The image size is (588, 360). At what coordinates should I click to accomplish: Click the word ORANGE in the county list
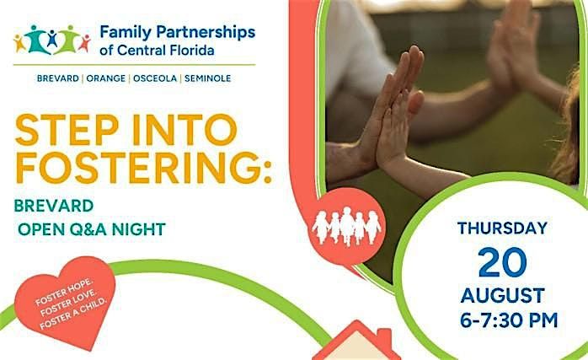[x=106, y=78]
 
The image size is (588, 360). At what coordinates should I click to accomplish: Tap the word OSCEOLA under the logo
[x=155, y=78]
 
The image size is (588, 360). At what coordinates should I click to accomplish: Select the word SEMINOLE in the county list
[x=208, y=78]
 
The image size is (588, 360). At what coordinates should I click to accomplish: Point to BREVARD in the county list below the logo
[x=58, y=78]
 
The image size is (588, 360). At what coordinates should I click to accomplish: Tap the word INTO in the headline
[x=184, y=130]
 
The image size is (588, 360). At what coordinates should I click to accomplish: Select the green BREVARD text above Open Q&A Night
[x=54, y=206]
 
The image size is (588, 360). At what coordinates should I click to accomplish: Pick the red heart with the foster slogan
[x=65, y=299]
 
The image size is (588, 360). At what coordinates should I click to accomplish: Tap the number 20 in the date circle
[x=503, y=262]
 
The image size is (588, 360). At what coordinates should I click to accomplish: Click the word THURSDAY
[x=503, y=228]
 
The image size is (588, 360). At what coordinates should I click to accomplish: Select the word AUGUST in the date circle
[x=503, y=296]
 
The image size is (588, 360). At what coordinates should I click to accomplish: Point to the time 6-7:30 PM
[x=509, y=320]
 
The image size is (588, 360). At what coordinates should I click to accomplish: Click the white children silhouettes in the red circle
[x=346, y=226]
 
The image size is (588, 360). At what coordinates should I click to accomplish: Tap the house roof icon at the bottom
[x=356, y=341]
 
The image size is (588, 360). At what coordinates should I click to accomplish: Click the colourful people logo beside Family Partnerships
[x=52, y=40]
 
